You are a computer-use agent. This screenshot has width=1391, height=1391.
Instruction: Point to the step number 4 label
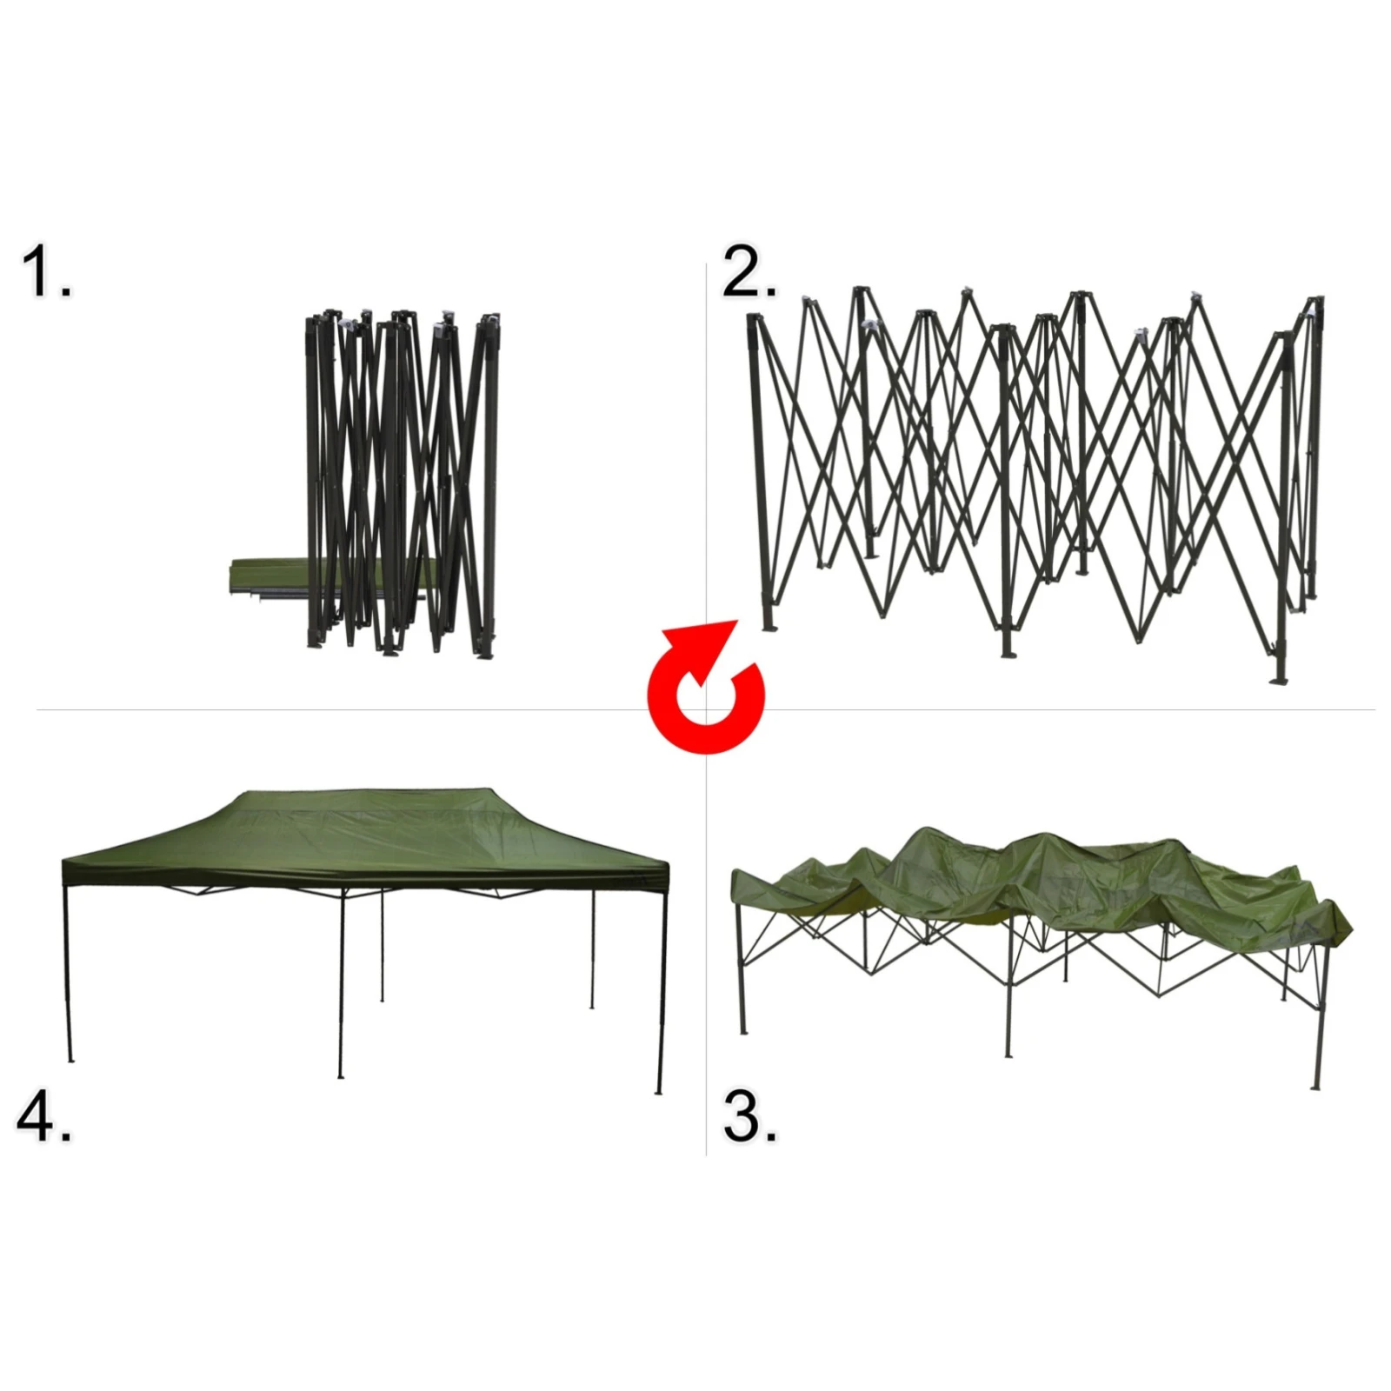coord(43,1116)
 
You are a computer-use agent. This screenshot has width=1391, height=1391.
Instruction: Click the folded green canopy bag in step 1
coord(270,576)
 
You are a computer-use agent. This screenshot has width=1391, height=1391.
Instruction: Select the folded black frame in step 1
coord(403,483)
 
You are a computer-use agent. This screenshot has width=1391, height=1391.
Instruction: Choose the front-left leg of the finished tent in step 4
coord(68,974)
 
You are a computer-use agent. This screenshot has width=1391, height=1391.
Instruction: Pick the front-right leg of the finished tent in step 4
coord(661,991)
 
